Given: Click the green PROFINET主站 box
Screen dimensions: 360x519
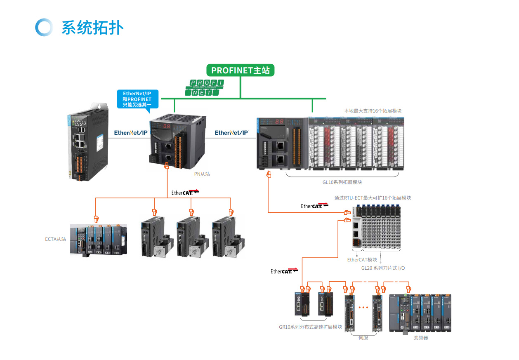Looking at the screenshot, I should click(240, 70).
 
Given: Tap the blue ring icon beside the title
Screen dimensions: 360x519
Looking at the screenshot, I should click(44, 27).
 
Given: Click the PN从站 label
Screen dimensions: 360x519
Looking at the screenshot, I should click(202, 174).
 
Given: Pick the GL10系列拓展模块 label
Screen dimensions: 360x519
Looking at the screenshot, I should click(342, 182).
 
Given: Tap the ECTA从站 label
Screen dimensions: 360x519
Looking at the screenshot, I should click(55, 239).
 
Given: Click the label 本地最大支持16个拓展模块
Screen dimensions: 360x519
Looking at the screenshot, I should click(373, 111).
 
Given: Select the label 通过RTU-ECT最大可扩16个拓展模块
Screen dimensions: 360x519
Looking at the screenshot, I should click(373, 198).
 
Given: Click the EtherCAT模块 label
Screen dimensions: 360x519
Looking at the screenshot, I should click(362, 260).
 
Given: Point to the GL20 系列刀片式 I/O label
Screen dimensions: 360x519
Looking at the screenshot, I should click(383, 268).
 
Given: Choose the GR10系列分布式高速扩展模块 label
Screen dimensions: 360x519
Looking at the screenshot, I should click(310, 327).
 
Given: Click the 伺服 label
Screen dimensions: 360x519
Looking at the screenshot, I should click(363, 338).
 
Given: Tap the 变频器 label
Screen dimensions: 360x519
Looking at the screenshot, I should click(421, 338).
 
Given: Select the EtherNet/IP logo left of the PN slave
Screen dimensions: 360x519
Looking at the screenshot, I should click(131, 133).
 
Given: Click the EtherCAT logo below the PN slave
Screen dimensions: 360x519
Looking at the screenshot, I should click(185, 193).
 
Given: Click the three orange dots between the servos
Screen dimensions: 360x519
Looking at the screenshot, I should click(363, 307).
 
